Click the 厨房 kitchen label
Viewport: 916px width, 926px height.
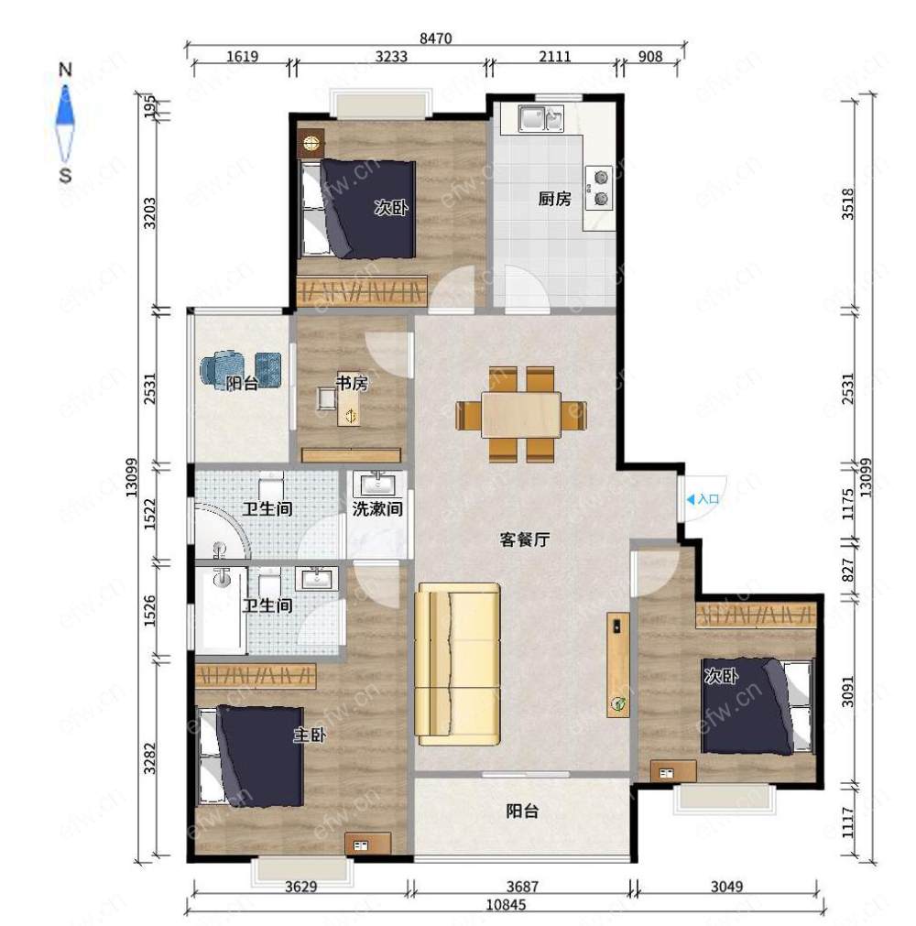[554, 199]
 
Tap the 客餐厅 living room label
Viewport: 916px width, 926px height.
[525, 539]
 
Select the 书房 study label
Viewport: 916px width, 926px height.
[352, 383]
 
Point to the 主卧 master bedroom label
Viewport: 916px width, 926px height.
[310, 735]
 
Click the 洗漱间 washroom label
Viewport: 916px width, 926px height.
[377, 508]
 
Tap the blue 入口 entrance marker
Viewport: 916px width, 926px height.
[703, 499]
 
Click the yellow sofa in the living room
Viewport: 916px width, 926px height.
[458, 664]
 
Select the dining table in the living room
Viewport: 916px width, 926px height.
[521, 415]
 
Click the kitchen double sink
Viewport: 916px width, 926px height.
[540, 118]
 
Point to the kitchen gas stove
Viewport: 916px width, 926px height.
[600, 187]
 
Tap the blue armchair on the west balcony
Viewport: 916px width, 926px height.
[221, 369]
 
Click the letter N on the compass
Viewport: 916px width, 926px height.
[65, 70]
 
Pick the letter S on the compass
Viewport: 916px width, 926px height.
[65, 175]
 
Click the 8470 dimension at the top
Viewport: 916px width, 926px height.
[435, 38]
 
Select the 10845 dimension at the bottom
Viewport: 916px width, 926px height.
[506, 905]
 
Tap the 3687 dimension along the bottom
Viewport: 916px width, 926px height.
[523, 887]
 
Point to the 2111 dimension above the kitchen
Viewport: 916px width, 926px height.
[554, 57]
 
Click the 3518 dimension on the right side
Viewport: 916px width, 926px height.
[847, 203]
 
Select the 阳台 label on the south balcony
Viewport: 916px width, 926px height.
[522, 812]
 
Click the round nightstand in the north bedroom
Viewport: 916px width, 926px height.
[311, 142]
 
